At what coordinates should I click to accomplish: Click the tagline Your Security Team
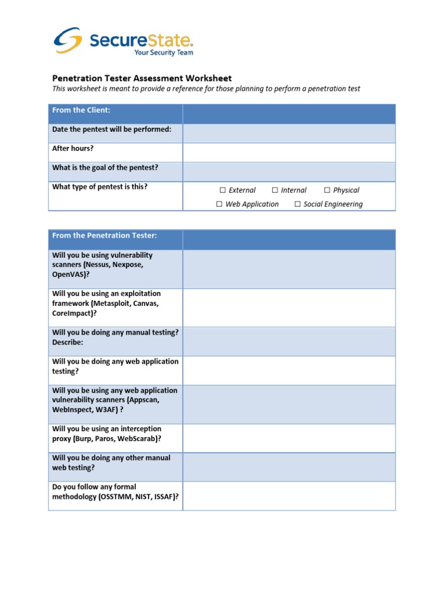click(x=164, y=53)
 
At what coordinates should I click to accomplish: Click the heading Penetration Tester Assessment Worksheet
click(x=142, y=78)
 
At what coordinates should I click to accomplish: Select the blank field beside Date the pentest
click(x=289, y=134)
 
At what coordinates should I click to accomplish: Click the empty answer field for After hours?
click(x=289, y=153)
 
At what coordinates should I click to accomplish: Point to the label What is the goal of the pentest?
click(x=105, y=168)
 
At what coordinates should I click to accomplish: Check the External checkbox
click(x=223, y=190)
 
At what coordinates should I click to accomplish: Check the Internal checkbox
click(x=275, y=190)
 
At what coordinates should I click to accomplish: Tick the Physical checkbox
click(x=327, y=190)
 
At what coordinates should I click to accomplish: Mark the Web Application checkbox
click(x=220, y=204)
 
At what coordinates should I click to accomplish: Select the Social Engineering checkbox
click(x=298, y=204)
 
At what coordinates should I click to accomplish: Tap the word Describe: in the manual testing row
click(x=68, y=342)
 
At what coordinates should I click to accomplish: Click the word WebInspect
click(x=75, y=410)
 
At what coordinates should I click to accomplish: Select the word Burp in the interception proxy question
click(x=84, y=439)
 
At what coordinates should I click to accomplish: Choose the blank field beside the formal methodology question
click(x=289, y=496)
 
